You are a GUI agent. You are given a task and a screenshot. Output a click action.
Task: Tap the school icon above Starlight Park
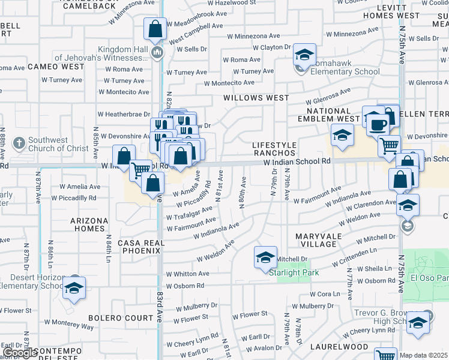[265, 257]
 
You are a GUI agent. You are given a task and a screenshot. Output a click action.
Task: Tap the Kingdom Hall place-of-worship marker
[157, 53]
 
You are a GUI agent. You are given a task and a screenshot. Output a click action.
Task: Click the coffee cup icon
[378, 124]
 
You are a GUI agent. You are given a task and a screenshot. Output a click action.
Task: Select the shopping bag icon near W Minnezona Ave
[155, 28]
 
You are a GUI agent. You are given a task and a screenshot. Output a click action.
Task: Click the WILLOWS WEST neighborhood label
[256, 97]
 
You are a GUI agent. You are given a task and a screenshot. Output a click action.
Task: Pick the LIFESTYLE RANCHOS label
[274, 149]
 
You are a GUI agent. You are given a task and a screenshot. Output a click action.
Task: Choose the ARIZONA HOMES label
[89, 224]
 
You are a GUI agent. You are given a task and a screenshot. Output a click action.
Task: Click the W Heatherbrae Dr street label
[124, 114]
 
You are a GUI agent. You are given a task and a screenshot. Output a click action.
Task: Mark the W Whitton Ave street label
[188, 274]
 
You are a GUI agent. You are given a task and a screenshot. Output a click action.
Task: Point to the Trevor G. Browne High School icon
[417, 323]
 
